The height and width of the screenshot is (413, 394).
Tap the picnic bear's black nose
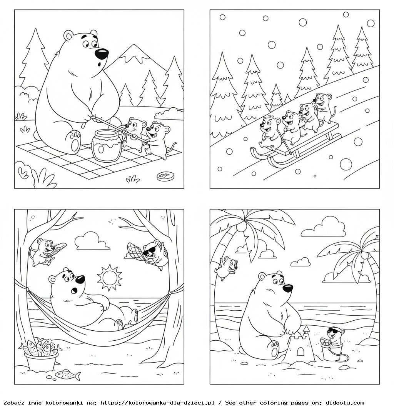[102, 53]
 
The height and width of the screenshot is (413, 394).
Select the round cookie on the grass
[164, 176]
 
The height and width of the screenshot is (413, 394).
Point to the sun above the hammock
[109, 277]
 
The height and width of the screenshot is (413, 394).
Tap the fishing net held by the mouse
[136, 251]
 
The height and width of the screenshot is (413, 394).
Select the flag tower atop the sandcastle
[306, 331]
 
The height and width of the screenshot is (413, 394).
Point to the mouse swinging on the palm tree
[226, 268]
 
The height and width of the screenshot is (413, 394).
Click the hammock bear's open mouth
[75, 290]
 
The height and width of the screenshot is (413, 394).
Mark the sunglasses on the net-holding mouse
[149, 251]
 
